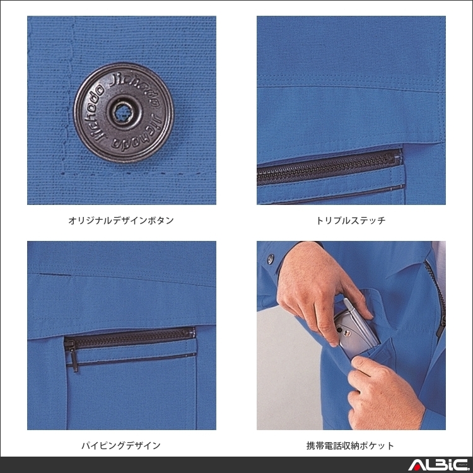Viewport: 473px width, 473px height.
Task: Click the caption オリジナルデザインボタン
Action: click(121, 221)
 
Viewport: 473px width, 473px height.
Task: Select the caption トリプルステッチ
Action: click(351, 221)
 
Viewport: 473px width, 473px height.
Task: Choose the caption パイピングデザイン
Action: click(121, 445)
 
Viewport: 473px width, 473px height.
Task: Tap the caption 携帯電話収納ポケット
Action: click(351, 445)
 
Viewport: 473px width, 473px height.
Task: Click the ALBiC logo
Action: click(435, 465)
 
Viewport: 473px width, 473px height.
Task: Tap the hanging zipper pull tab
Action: click(73, 359)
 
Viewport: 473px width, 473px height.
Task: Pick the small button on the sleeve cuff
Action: click(271, 258)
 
